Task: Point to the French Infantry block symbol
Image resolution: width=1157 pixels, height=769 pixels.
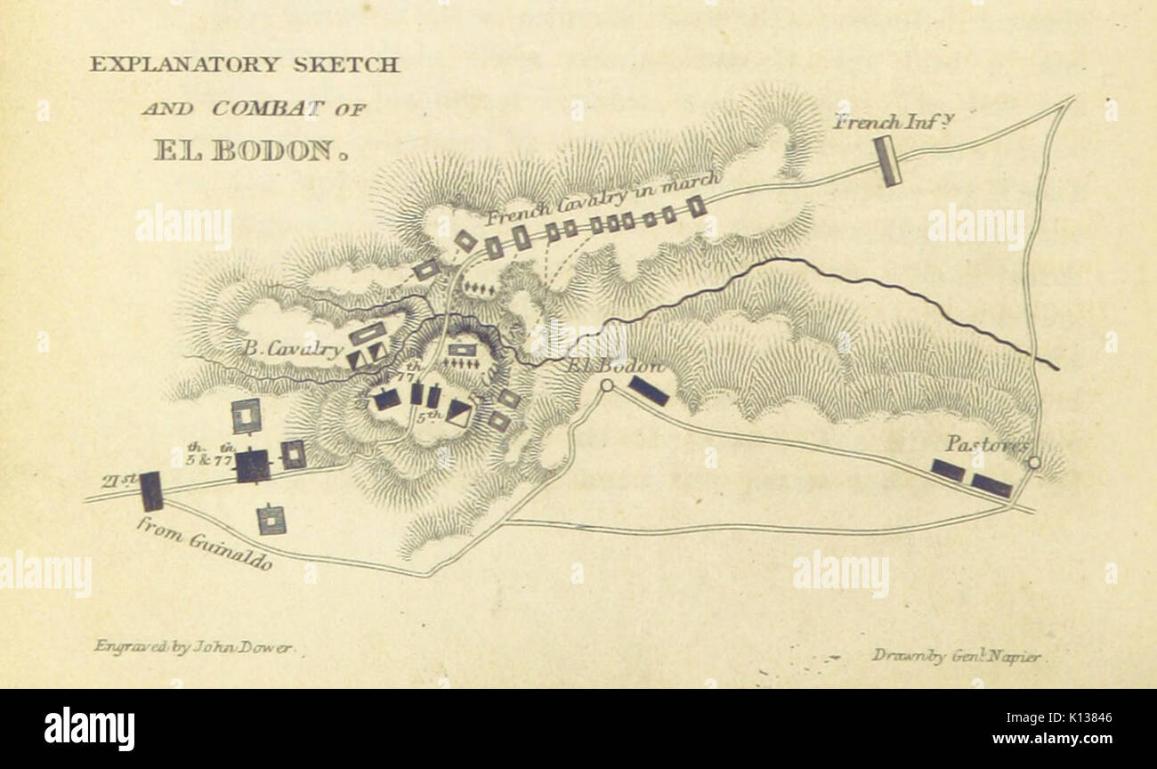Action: click(x=886, y=161)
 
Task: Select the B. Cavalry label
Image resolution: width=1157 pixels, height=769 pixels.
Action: click(x=291, y=349)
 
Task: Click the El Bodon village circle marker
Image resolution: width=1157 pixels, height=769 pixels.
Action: click(x=607, y=385)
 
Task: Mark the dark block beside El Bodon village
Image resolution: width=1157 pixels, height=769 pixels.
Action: click(x=648, y=391)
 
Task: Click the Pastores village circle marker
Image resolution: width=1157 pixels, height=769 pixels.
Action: click(x=1033, y=462)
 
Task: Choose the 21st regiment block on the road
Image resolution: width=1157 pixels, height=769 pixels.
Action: click(x=151, y=491)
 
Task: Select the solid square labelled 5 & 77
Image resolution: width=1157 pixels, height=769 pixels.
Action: click(x=252, y=465)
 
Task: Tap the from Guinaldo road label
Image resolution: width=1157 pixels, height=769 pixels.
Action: click(x=204, y=543)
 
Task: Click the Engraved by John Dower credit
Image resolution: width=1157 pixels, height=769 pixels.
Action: click(x=192, y=647)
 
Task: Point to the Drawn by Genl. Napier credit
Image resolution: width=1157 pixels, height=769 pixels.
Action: click(x=955, y=656)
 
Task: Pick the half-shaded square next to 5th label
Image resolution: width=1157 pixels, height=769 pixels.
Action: click(x=458, y=412)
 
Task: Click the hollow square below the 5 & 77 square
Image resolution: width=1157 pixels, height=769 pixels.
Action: click(x=271, y=519)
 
